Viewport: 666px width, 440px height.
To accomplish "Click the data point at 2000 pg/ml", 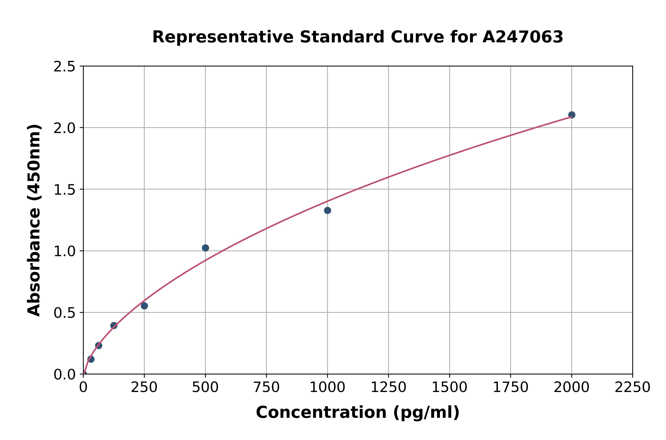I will pos(572,115).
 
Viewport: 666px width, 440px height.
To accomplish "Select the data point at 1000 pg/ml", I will pos(327,211).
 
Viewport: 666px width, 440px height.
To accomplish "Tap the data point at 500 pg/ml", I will pos(205,248).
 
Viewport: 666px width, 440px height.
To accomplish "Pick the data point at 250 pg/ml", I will pos(144,306).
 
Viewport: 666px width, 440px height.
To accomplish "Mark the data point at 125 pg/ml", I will pos(114,325).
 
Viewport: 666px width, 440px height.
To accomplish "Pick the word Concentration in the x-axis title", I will pos(321,412).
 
